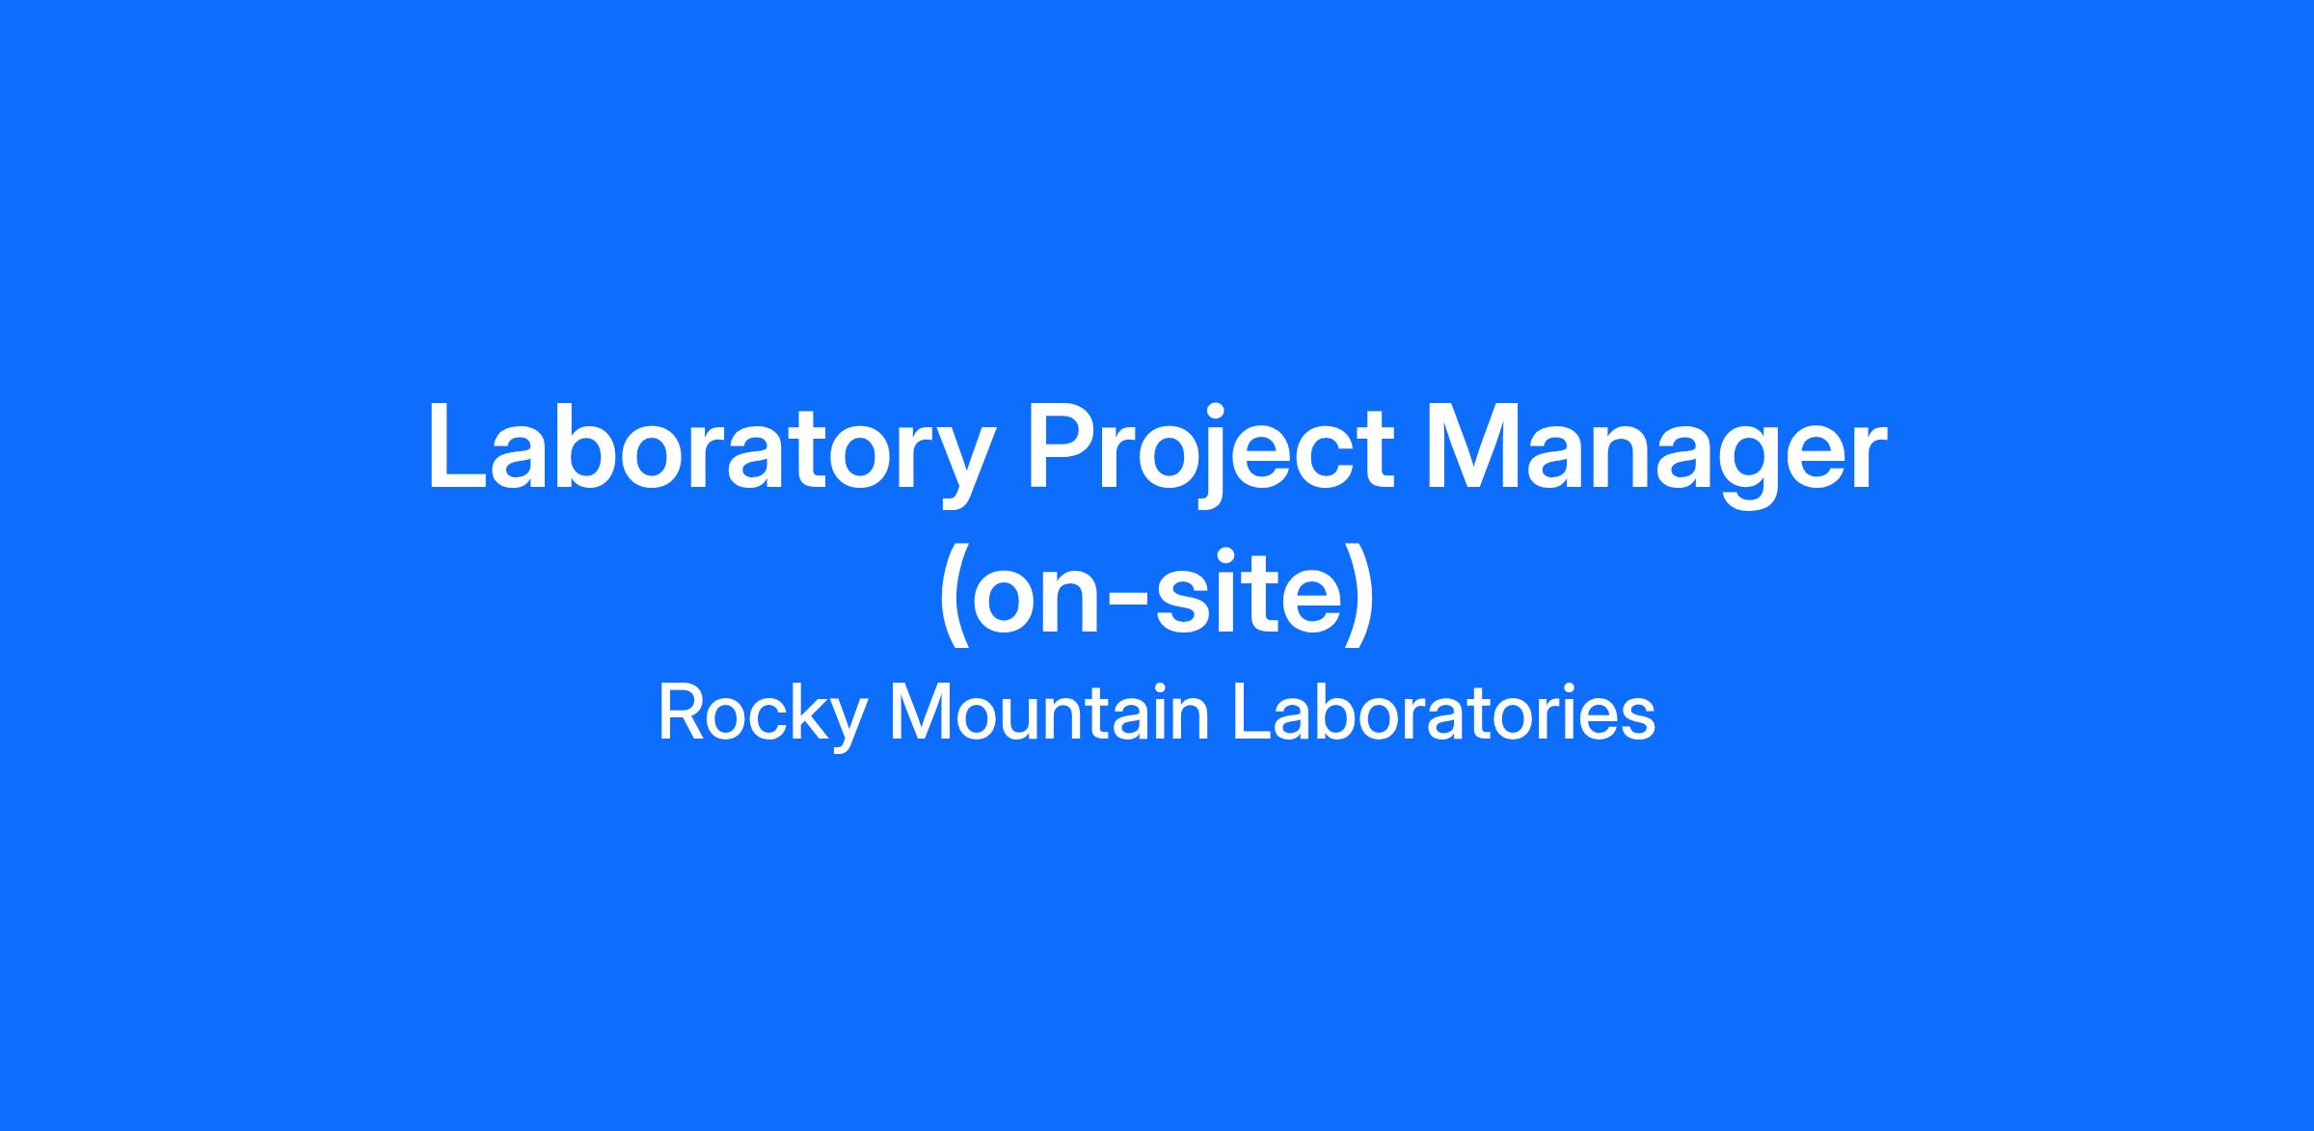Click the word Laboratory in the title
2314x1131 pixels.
click(x=710, y=453)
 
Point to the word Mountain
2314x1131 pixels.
click(x=1049, y=714)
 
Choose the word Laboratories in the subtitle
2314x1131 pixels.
click(x=1444, y=714)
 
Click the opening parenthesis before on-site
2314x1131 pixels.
click(x=955, y=593)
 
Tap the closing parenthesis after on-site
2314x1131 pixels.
click(x=1359, y=593)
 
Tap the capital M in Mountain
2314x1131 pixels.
click(x=921, y=714)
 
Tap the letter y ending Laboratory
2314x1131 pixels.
click(x=958, y=467)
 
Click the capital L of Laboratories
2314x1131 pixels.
click(x=1252, y=714)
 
